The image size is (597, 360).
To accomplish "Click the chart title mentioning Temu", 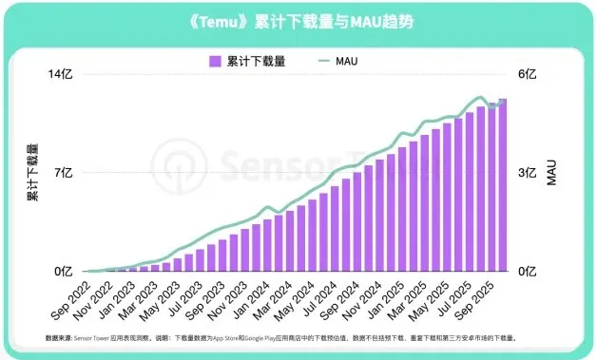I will click(x=298, y=20).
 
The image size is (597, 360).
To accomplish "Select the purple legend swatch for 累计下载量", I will click(x=216, y=61).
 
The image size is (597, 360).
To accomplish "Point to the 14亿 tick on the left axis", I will click(x=61, y=75).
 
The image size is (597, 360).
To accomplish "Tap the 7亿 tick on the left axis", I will click(x=63, y=173).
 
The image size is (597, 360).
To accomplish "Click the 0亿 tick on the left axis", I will click(x=63, y=272).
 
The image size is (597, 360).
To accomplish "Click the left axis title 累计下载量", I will click(x=31, y=174).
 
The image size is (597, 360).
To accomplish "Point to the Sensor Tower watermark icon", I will click(x=180, y=166).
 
